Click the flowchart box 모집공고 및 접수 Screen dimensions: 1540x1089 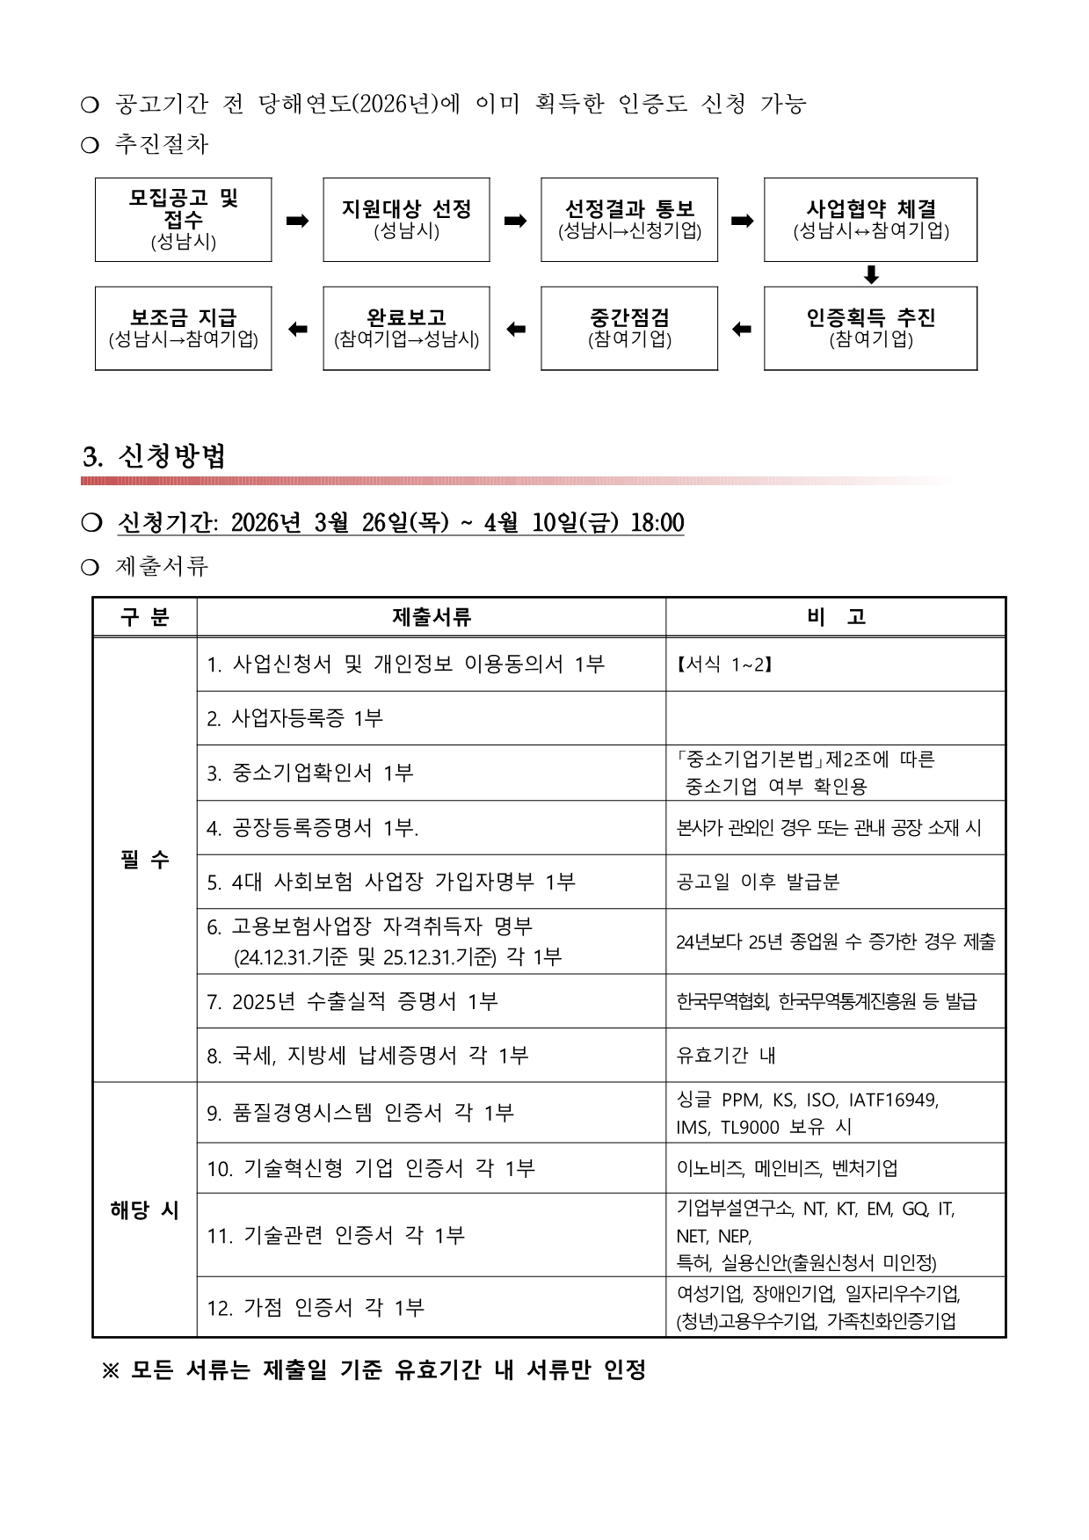(x=183, y=220)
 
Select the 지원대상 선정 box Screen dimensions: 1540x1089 (x=406, y=220)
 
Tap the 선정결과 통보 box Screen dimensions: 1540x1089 (x=629, y=220)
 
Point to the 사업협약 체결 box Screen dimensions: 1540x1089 (x=870, y=220)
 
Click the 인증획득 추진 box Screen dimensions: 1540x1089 (x=870, y=328)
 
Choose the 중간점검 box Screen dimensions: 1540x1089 (x=629, y=328)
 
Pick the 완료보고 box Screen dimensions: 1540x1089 (x=406, y=328)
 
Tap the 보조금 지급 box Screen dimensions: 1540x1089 (x=183, y=328)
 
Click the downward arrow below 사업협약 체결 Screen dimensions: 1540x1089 (x=871, y=274)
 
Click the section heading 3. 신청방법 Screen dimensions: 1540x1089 (x=155, y=456)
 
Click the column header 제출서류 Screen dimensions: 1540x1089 (x=431, y=617)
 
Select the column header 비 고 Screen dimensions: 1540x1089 (x=835, y=617)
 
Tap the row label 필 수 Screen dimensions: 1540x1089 (x=145, y=860)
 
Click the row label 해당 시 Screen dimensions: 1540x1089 (x=145, y=1209)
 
